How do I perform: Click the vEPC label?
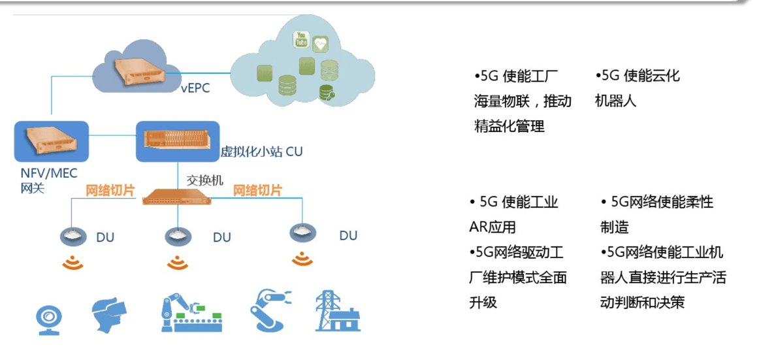point(195,89)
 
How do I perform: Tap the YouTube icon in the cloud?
point(302,40)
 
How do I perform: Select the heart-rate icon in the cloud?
point(319,44)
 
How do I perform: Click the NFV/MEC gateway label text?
point(49,180)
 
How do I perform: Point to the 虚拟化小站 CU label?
point(261,152)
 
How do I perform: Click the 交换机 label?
point(205,180)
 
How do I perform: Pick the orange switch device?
point(178,197)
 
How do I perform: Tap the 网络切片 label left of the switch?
point(110,190)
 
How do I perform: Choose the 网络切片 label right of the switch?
point(257,190)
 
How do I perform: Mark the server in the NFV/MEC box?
point(52,140)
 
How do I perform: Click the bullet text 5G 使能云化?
point(638,76)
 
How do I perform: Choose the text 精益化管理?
point(509,126)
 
